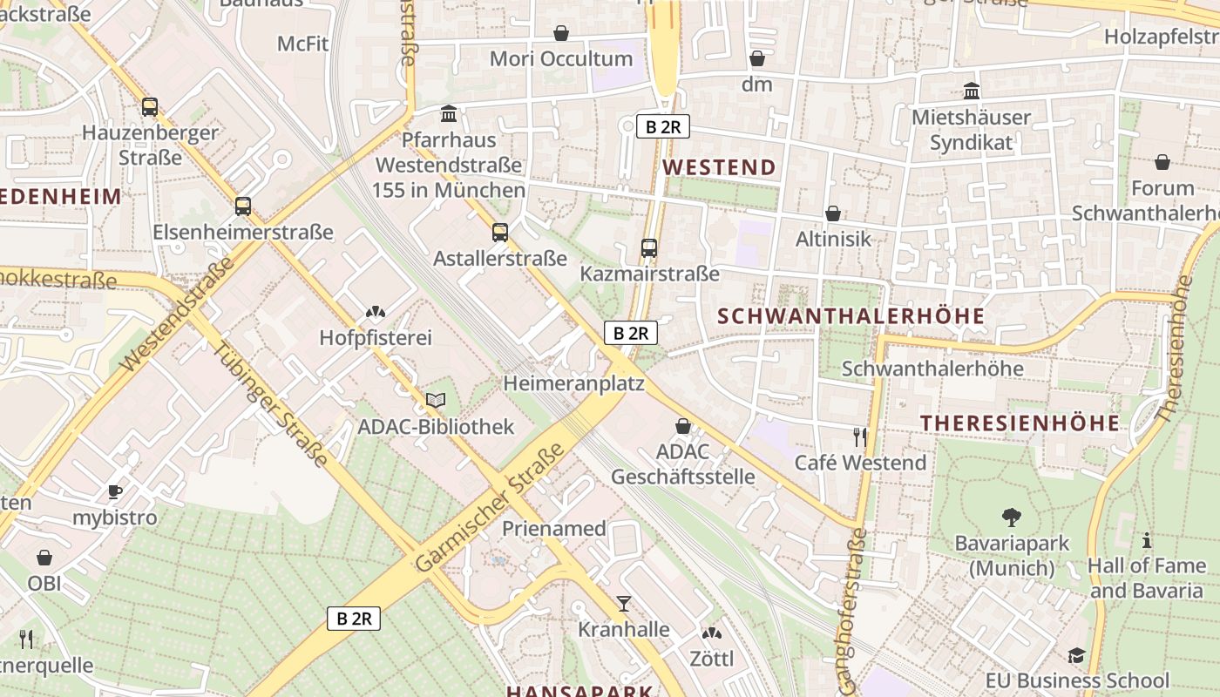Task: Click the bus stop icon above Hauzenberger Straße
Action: click(150, 107)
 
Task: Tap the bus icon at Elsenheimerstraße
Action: click(243, 206)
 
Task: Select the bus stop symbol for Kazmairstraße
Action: click(649, 248)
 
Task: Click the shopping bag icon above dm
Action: click(757, 58)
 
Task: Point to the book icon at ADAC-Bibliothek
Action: click(436, 400)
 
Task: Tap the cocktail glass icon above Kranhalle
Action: click(624, 603)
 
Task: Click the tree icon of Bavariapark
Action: click(1011, 518)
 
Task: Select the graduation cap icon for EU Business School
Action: click(1077, 655)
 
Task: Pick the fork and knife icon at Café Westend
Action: click(861, 436)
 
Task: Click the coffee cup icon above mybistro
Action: click(115, 491)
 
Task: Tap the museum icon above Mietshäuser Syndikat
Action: click(972, 91)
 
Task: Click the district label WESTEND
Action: click(719, 167)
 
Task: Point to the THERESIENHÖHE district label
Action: click(1020, 423)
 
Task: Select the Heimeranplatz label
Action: click(573, 383)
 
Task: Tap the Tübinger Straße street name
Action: click(271, 404)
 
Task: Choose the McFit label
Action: click(302, 44)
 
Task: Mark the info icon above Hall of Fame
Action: click(1147, 540)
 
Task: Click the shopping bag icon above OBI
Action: click(44, 558)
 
